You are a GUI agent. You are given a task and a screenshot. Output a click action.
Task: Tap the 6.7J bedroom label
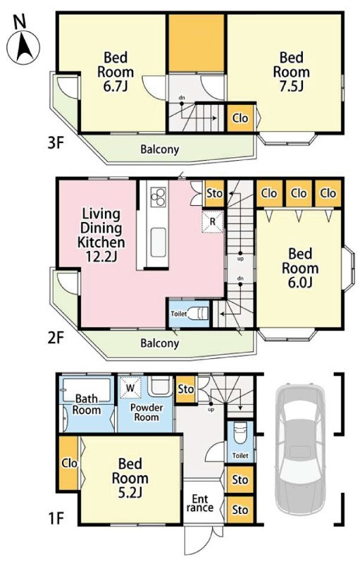pos(116,72)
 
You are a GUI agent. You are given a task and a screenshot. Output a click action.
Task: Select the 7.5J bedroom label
pos(292,72)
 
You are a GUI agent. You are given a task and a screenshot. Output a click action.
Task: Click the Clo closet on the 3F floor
pos(240,118)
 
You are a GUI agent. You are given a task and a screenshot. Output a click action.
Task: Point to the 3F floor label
pos(56,143)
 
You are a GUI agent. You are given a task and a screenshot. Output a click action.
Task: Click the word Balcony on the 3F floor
pos(159,149)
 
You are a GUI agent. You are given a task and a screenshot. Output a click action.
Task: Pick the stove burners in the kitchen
pos(158,197)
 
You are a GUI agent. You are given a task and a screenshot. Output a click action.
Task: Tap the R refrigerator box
pos(212,222)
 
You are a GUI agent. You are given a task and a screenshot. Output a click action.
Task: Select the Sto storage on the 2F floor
pos(215,193)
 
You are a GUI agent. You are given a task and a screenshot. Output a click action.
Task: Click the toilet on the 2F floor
pos(197,313)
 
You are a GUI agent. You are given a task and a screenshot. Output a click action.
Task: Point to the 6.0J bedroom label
pos(300,268)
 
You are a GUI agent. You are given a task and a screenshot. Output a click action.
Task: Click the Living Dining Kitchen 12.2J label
pos(101,235)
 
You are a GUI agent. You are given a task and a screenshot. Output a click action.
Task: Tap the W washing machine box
pos(131,388)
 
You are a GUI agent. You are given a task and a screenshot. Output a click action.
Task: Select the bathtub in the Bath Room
pos(87,390)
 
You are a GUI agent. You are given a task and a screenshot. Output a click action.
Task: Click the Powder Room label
pos(147,412)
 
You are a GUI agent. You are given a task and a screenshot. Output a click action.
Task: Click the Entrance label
pos(200,503)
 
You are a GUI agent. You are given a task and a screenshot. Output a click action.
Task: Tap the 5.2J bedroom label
pos(130,478)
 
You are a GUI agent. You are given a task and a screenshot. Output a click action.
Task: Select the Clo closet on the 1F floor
pos(69,463)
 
